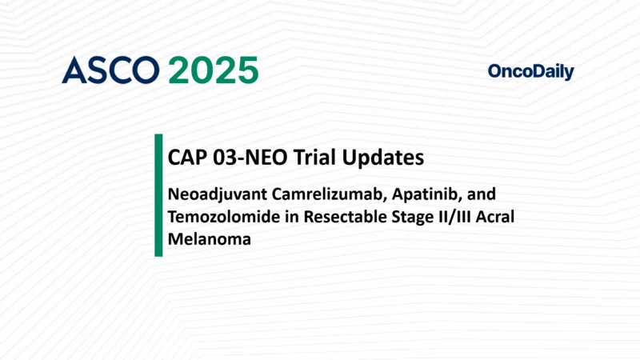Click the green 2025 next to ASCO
coord(214,71)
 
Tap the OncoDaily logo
coord(530,72)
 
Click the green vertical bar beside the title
coord(158,195)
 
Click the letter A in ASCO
coord(74,71)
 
